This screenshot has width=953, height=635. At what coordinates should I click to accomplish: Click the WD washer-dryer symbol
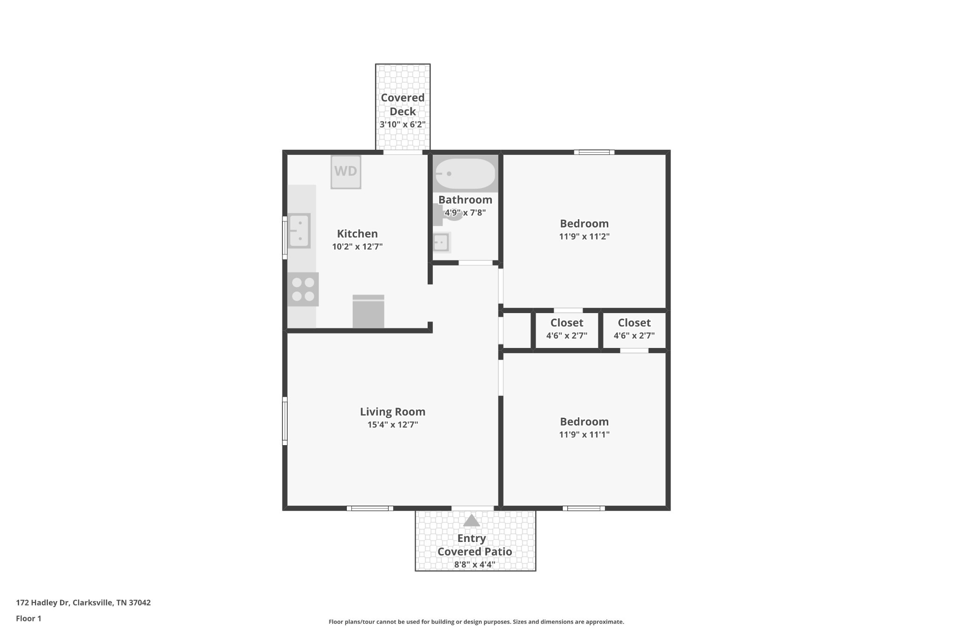[x=346, y=172]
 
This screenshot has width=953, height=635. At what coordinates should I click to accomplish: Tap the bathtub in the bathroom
[x=465, y=174]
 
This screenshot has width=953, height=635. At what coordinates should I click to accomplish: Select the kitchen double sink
[x=299, y=231]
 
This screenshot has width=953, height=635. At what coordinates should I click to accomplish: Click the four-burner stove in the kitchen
[x=303, y=289]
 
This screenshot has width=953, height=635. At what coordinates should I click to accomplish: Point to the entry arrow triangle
[x=471, y=521]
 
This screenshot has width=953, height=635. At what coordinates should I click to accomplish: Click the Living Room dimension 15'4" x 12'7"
[x=393, y=425]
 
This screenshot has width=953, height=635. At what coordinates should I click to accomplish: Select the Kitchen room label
[x=357, y=234]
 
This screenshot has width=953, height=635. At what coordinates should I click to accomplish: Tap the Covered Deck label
[x=403, y=105]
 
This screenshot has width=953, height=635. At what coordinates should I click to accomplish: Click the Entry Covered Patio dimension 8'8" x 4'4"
[x=475, y=565]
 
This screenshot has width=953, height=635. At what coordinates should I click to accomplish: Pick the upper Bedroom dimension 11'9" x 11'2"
[x=584, y=236]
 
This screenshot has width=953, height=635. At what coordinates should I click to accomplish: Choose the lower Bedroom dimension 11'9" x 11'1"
[x=584, y=434]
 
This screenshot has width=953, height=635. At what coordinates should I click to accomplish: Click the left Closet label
[x=566, y=322]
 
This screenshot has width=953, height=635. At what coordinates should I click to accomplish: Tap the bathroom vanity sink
[x=441, y=242]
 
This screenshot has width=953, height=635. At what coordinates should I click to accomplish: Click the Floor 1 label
[x=28, y=618]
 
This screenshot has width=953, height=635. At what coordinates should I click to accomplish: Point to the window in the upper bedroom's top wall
[x=594, y=152]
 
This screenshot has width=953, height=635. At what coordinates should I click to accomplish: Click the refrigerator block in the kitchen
[x=368, y=312]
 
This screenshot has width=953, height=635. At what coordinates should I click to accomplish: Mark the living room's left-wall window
[x=285, y=421]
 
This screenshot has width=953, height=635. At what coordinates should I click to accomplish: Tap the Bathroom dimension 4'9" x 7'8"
[x=465, y=213]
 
